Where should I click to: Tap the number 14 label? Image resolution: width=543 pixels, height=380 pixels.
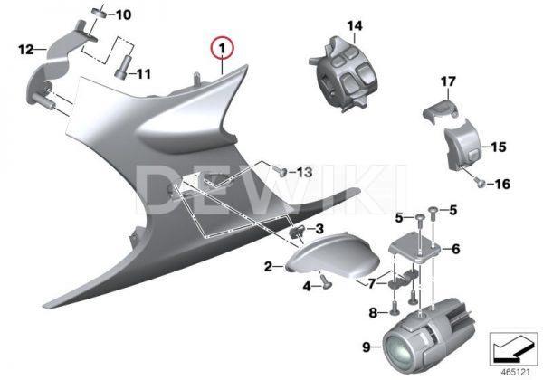tap(353, 24)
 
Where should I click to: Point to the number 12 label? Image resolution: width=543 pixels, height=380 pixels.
tap(25, 48)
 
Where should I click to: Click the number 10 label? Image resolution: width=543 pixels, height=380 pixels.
tap(122, 14)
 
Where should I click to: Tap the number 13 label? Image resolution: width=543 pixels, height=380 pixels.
tap(302, 172)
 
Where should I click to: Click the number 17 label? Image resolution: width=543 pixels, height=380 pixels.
tap(446, 82)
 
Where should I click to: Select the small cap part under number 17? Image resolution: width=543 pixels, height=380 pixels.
tap(437, 112)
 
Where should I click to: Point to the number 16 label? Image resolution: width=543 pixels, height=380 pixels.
tap(500, 185)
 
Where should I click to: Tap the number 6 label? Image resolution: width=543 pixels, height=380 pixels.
tap(455, 248)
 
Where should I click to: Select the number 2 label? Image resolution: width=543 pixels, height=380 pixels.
tap(268, 267)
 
